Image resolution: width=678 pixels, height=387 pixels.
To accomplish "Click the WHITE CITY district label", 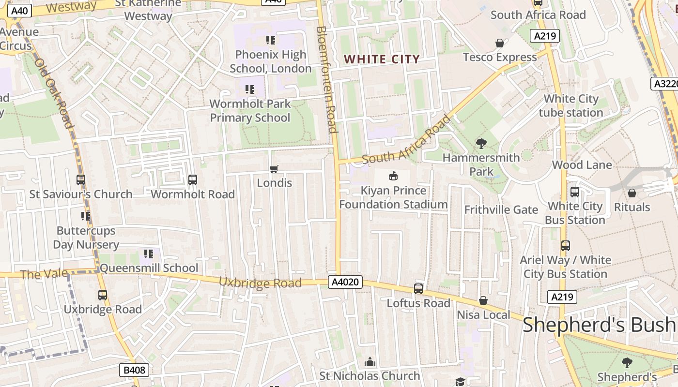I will click(x=382, y=60).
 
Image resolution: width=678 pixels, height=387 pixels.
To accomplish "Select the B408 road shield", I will click(x=134, y=371).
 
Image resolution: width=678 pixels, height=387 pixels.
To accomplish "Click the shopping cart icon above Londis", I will click(x=274, y=169).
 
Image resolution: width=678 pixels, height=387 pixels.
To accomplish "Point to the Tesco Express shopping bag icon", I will click(x=500, y=44).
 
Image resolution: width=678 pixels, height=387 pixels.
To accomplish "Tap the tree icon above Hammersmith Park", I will click(x=481, y=143).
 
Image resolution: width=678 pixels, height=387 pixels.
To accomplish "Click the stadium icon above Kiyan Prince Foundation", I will click(x=393, y=176).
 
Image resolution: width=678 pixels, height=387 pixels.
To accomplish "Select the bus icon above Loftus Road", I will click(x=418, y=289).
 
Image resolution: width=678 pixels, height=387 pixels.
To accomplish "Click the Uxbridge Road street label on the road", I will click(x=260, y=283).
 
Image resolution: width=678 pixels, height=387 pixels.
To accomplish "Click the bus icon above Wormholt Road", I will click(x=193, y=180).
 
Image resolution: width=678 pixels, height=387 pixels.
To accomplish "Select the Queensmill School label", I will click(x=149, y=268).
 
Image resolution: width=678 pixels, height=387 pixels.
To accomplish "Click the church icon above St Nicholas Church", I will click(x=370, y=362).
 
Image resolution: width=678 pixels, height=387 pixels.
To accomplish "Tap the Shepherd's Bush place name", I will click(x=599, y=325).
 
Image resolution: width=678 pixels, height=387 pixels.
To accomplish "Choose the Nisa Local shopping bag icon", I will click(x=483, y=301).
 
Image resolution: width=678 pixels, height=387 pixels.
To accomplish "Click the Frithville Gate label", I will click(x=501, y=209).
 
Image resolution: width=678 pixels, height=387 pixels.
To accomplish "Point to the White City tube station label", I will click(x=570, y=105).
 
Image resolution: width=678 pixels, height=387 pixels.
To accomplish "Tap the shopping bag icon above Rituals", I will click(x=632, y=193).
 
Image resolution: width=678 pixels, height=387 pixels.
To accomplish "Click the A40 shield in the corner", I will click(x=20, y=11).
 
